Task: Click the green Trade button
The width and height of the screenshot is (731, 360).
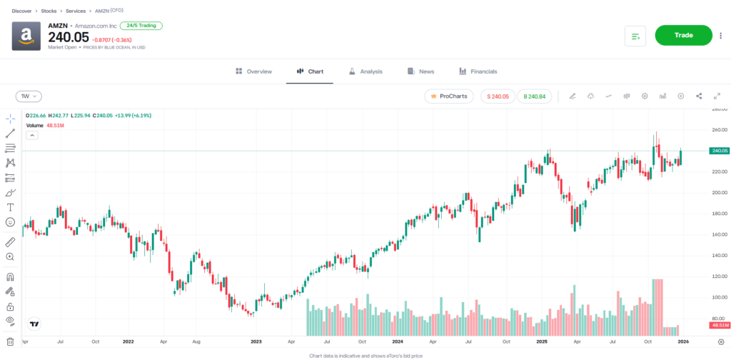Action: [683, 35]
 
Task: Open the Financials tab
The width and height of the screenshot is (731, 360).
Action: [478, 71]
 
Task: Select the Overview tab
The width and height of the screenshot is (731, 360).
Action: [253, 71]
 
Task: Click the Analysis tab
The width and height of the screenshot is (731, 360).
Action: [365, 71]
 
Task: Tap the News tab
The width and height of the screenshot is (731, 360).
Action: [421, 71]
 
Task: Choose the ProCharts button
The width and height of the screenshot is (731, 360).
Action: [448, 96]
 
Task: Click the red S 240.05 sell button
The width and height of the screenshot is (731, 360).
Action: [498, 96]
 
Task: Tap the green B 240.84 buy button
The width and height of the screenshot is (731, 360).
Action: [535, 96]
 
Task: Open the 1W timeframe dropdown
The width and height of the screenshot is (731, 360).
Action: [29, 96]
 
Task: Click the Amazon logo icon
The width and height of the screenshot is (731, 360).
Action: [26, 36]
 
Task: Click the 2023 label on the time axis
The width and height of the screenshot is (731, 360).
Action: [256, 342]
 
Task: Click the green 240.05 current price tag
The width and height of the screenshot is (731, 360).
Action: [718, 151]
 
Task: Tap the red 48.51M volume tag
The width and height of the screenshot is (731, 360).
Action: [718, 325]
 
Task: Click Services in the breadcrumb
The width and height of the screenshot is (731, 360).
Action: [76, 11]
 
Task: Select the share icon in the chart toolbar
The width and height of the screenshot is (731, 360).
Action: [699, 96]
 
